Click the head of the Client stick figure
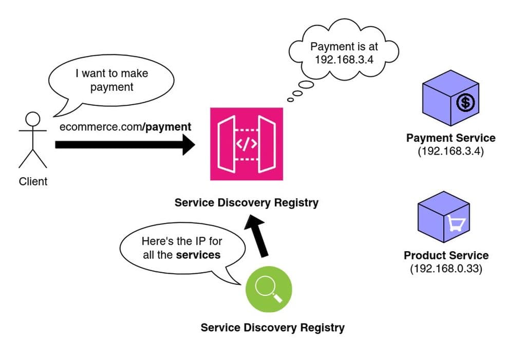pos(33,119)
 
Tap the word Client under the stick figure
pos(33,181)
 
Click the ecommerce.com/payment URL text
pos(125,127)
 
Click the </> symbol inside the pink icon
pos(246,144)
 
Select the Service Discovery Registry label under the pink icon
pos(246,202)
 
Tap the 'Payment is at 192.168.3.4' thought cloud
pos(344,52)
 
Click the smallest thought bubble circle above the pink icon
pos(291,100)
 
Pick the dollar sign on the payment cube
pos(465,103)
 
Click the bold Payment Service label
pos(450,138)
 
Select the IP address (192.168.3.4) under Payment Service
pos(450,151)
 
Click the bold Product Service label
pos(446,255)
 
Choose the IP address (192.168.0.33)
pos(446,269)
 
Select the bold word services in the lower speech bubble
pos(198,255)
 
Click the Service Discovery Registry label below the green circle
pos(272,328)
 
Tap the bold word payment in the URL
pos(168,127)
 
